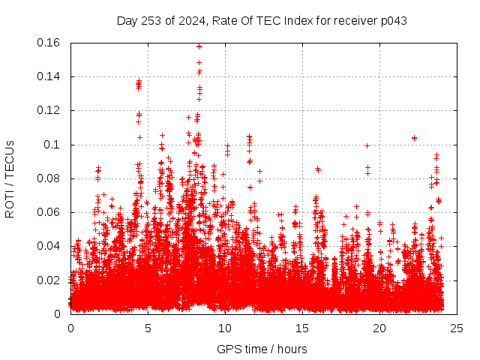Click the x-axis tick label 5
coord(148,328)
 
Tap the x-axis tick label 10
coord(225,328)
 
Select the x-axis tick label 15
coord(302,328)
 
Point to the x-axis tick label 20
coord(379,328)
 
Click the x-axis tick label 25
coord(457,328)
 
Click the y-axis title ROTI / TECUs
coord(10,178)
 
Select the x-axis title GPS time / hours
coord(262,349)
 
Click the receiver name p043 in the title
coord(392,20)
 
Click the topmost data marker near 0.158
coord(199,46)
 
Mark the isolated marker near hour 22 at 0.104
coord(414,138)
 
